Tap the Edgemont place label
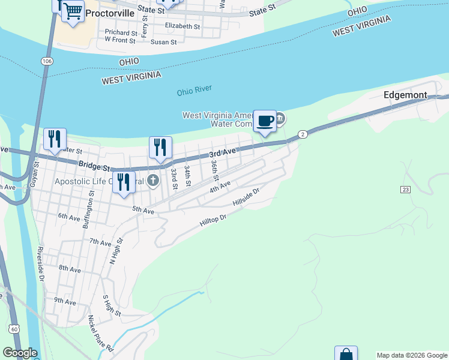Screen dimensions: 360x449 405,95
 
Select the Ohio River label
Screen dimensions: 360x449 194,91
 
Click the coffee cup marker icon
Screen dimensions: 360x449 265,121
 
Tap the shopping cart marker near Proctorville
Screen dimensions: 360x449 73,11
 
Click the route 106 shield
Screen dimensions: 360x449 46,61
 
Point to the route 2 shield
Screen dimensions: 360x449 303,134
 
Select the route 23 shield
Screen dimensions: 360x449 405,190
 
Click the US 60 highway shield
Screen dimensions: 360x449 13,328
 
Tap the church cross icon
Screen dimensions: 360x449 153,179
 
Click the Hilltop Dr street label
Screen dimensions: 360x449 215,221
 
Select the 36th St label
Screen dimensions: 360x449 214,170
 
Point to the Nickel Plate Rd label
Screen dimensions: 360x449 101,333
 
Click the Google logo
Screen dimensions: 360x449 19,353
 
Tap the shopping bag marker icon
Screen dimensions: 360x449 346,354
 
